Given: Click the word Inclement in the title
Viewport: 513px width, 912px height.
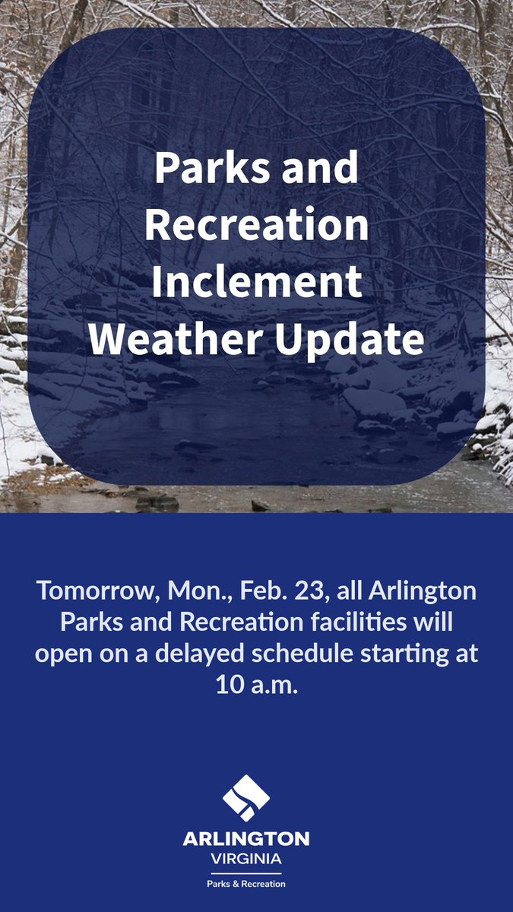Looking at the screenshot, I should pos(256,282).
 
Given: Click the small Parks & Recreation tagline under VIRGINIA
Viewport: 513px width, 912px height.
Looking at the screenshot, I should pos(246,884).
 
